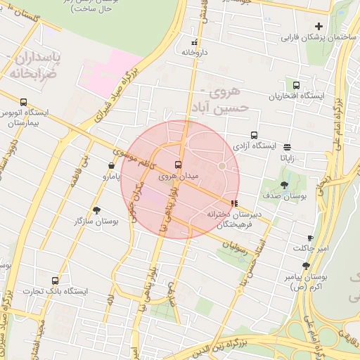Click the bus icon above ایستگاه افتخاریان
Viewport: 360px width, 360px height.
click(296, 85)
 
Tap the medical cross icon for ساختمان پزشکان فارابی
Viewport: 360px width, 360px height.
click(319, 26)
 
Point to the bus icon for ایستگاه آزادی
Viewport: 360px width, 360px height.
click(254, 135)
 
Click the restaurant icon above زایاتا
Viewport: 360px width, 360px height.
click(288, 147)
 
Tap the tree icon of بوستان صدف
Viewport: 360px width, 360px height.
click(284, 185)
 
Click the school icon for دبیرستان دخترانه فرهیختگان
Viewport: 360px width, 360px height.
click(234, 204)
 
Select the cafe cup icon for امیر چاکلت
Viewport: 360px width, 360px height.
click(310, 238)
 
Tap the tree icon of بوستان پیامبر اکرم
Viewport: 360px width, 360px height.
click(306, 266)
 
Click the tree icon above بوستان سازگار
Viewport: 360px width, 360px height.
click(96, 210)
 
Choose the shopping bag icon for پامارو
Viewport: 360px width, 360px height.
click(111, 166)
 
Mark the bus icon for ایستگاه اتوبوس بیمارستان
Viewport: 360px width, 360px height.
click(24, 102)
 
